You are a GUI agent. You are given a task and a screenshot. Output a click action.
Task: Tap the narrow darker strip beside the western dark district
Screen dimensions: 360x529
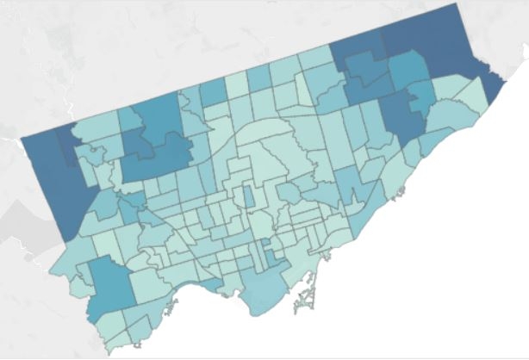coord(65,146)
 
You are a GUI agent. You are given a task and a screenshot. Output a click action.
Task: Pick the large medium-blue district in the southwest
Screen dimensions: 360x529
coord(109,284)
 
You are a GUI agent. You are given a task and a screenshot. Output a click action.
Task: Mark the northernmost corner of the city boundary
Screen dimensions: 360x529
coord(454,4)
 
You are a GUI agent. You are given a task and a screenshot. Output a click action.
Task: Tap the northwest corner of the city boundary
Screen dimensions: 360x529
coord(21,138)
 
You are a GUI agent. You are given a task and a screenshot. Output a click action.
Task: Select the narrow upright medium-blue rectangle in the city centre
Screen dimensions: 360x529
coord(249,196)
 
